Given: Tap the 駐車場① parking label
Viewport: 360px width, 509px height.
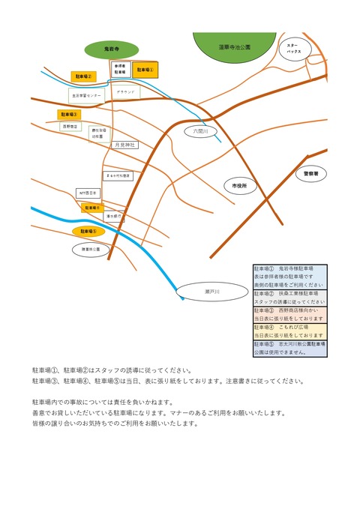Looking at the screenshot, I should (145, 70).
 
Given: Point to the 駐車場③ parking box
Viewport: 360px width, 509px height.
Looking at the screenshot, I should (68, 115).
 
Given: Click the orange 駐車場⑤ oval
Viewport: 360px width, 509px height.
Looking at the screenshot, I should (88, 232).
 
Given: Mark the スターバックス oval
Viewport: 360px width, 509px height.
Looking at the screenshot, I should (293, 49).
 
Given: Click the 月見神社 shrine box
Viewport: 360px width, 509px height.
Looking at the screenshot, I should (124, 145).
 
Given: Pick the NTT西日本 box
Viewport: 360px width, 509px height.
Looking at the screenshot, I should (88, 193).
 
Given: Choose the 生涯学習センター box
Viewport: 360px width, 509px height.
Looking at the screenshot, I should (86, 95).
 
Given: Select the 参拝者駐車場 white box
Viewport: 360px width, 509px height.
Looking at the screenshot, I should (120, 69).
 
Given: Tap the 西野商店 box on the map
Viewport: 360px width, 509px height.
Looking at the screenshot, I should (69, 127).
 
